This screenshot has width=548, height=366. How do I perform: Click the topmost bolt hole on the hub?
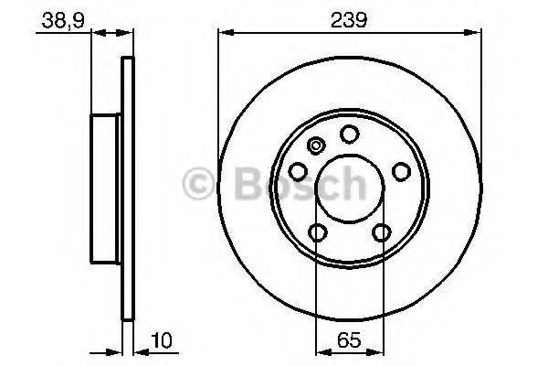click(348, 135)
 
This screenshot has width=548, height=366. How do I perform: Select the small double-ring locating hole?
click(317, 145)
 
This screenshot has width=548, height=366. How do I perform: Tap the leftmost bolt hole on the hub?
click(298, 172)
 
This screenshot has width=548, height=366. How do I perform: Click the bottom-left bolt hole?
click(317, 232)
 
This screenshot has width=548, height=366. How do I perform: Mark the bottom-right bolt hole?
click(379, 232)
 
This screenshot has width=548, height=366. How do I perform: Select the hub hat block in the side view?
click(106, 188)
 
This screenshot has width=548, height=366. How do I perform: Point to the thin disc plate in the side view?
click(128, 188)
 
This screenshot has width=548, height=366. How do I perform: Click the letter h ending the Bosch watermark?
click(353, 186)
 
